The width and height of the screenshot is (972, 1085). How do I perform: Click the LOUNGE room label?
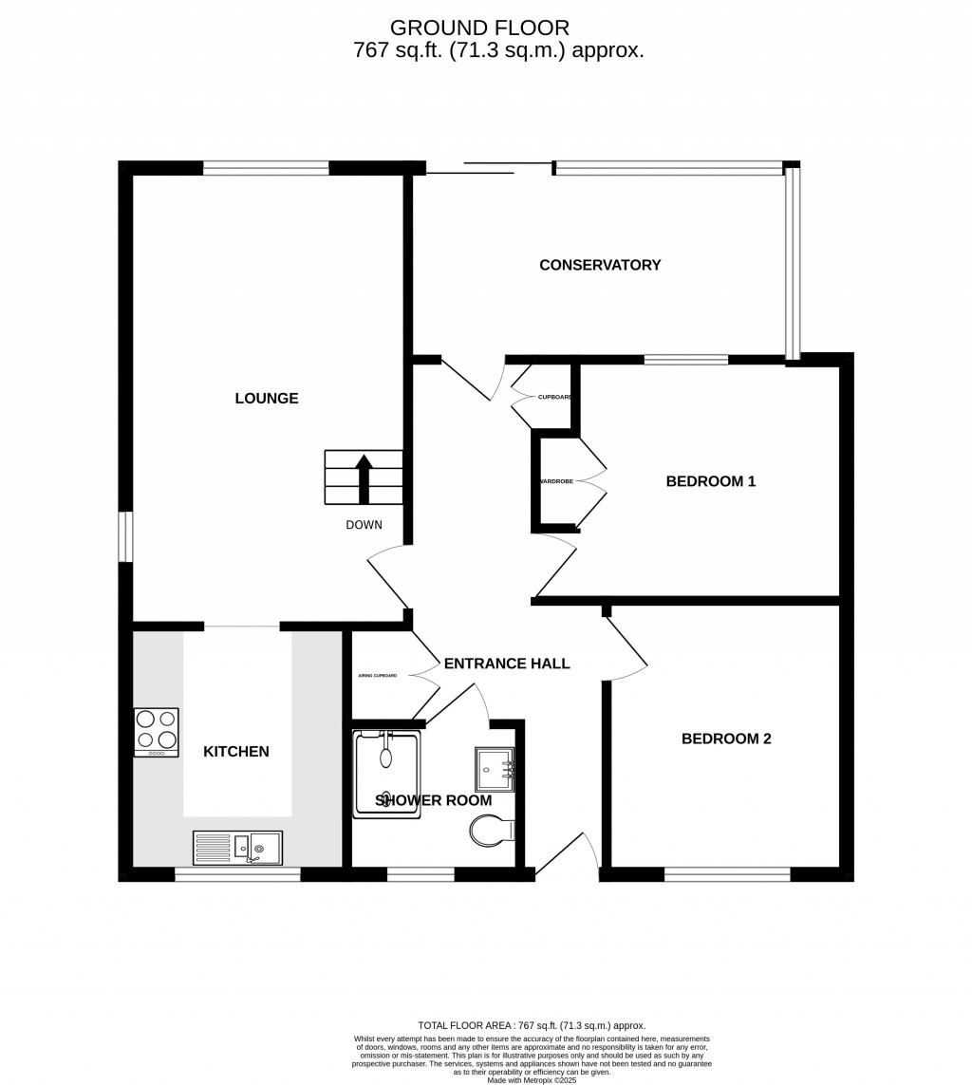point(267,399)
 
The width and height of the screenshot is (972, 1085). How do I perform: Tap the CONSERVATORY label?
point(600,265)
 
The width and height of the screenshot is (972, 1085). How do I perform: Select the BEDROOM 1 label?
point(710,481)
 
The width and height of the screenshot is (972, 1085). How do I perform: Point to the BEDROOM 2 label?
point(726,739)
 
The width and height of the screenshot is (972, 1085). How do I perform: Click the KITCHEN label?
point(236,752)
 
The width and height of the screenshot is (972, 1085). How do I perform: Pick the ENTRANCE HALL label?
point(507,664)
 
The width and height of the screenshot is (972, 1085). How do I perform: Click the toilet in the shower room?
point(490,832)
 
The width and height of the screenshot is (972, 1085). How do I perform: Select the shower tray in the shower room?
point(386,774)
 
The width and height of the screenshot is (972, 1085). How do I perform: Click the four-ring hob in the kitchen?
point(156,732)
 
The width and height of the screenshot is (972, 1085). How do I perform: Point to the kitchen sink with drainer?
point(237,847)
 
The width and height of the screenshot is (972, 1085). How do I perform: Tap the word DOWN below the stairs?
point(364,525)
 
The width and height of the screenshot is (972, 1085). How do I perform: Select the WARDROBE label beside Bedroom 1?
point(556,482)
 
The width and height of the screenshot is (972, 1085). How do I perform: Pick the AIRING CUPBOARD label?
point(377,676)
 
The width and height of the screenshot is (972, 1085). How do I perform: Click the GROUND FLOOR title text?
point(479,28)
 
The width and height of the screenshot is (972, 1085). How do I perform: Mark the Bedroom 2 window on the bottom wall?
point(727,874)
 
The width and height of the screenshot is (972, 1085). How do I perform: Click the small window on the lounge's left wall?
point(125,536)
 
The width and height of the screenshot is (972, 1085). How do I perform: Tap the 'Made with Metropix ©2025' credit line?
point(532,1079)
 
